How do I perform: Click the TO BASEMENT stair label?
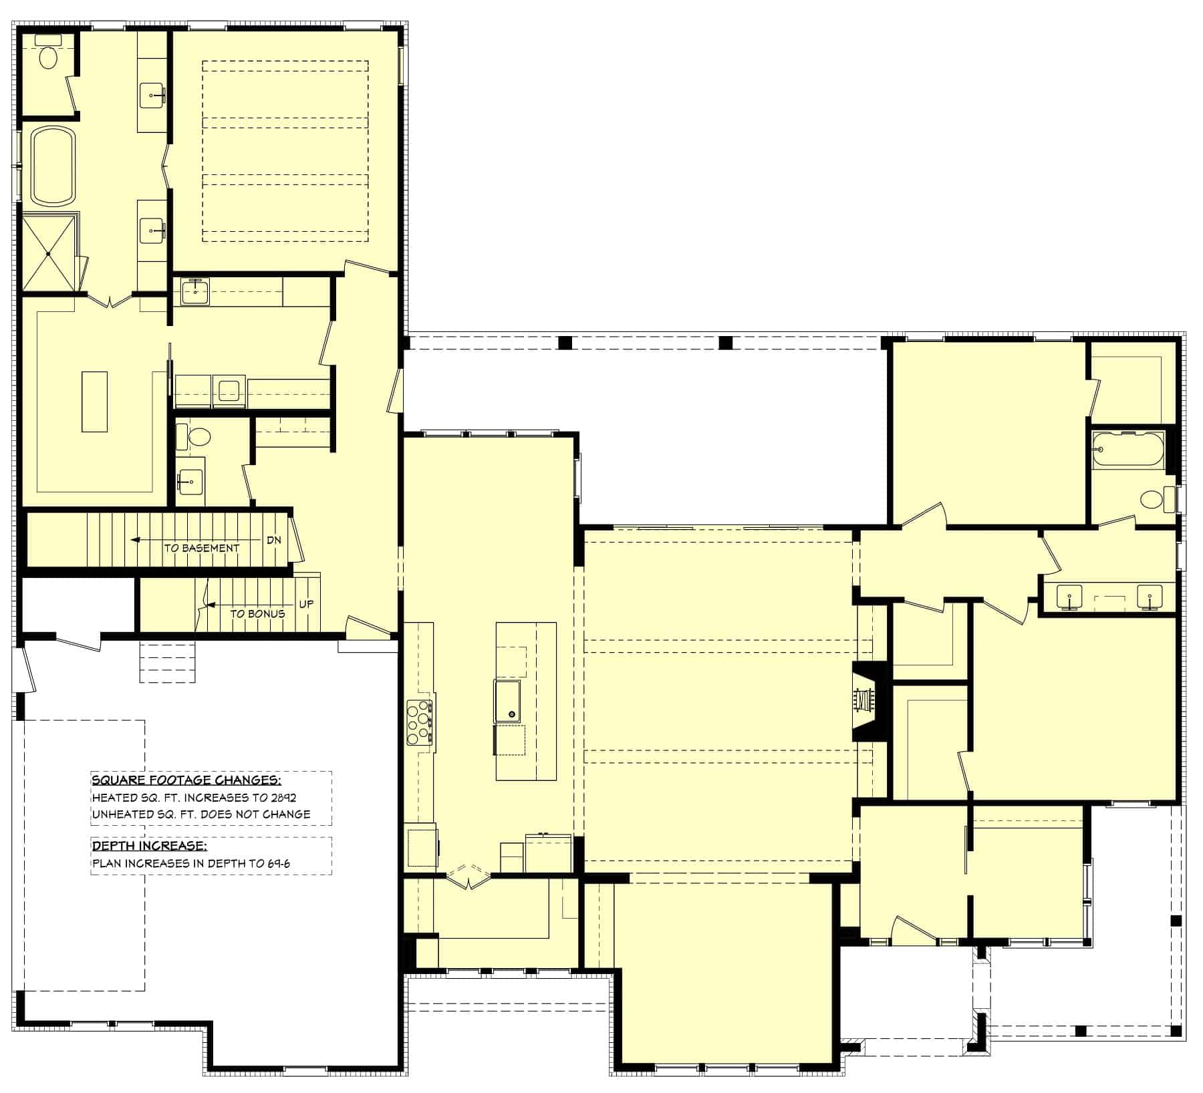tap(202, 548)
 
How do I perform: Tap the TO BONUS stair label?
tap(257, 613)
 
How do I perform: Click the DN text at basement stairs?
tap(274, 540)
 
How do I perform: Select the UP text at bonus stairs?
tap(306, 604)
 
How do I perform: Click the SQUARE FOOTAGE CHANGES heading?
tap(186, 780)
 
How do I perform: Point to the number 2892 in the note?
tap(283, 797)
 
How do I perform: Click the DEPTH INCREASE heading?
tap(149, 846)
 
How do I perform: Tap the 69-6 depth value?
tap(277, 863)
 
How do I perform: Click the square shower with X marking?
tap(49, 253)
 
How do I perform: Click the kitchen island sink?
tap(508, 701)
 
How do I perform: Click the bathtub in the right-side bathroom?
tap(1127, 450)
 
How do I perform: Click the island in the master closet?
tap(94, 402)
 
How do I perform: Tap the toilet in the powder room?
tap(198, 438)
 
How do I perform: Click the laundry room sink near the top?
tap(194, 291)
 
